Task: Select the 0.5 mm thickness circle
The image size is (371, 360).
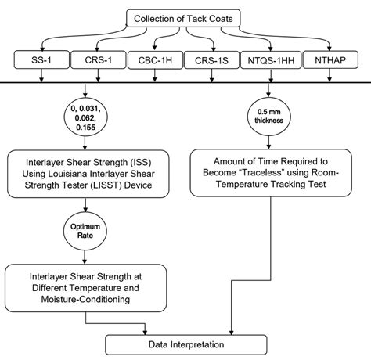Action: click(x=266, y=116)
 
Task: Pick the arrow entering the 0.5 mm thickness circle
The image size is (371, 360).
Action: click(x=266, y=89)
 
